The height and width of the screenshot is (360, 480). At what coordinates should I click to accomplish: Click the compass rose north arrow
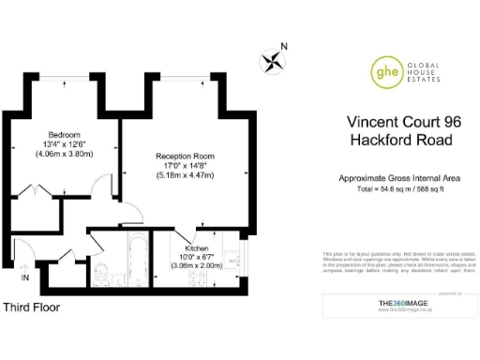[273, 62]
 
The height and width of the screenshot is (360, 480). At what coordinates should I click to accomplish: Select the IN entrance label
[25, 277]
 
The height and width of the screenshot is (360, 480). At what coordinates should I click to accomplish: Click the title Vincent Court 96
[404, 122]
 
